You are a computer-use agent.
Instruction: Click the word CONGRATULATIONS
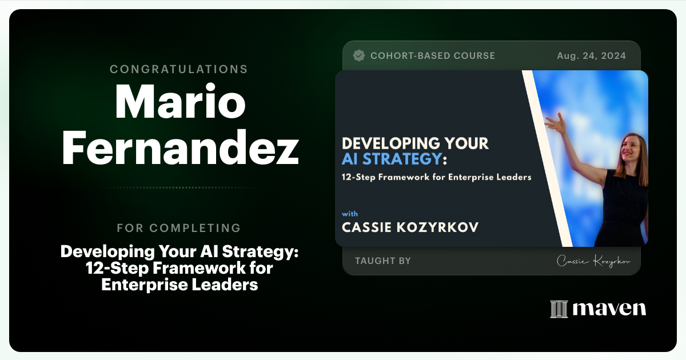tap(179, 69)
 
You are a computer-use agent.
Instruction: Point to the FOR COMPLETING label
tap(179, 228)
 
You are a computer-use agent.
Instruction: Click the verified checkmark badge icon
tap(359, 55)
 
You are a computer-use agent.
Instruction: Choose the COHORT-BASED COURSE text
tap(433, 55)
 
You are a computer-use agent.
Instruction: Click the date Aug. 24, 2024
tap(591, 55)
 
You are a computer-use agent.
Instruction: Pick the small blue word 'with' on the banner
tap(350, 214)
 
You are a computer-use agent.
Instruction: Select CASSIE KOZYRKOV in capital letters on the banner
tap(410, 227)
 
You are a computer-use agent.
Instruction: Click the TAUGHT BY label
tap(383, 261)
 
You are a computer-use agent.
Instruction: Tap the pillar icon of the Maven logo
tap(559, 309)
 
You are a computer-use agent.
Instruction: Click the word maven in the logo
tap(609, 309)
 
